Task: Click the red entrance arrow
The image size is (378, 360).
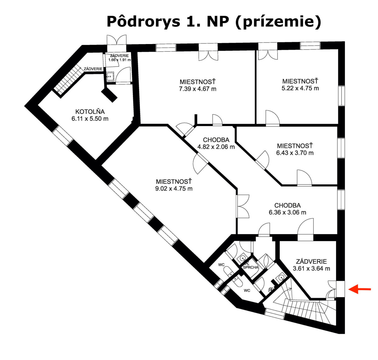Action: point(359,289)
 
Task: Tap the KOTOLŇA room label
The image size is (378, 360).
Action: point(90,112)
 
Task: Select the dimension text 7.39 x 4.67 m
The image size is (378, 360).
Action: point(198,89)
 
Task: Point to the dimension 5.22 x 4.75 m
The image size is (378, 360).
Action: point(300,88)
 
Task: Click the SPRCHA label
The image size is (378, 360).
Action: point(250,267)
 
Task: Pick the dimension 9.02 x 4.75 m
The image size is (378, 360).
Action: point(174,188)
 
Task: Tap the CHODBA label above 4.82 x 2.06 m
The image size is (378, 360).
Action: point(216,140)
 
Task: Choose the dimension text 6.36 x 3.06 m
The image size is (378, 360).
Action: point(288,212)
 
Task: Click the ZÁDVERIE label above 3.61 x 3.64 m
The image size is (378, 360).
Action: point(311,262)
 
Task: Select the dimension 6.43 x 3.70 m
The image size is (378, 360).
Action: point(295,153)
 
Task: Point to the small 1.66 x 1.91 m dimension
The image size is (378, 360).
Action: point(119,60)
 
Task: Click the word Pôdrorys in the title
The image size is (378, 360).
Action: point(143,22)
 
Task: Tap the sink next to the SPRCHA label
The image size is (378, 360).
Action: point(243,258)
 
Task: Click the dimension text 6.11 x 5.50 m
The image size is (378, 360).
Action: point(90,119)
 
